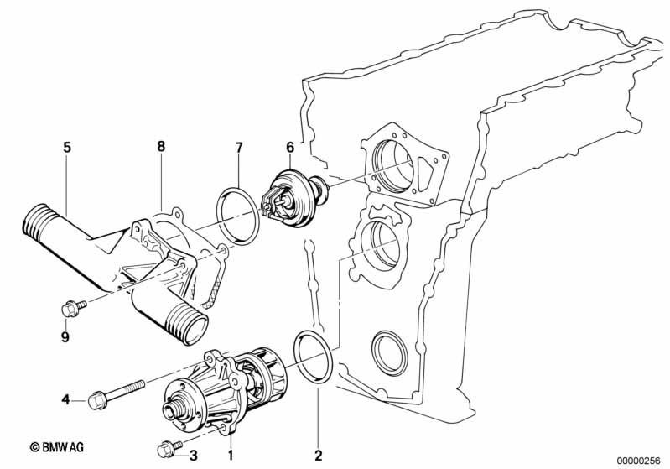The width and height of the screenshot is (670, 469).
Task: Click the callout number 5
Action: pos(67,148)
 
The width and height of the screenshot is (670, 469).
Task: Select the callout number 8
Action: pos(161,147)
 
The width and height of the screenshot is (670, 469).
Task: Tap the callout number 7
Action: pos(239,148)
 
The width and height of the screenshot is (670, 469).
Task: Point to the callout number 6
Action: pos(290,148)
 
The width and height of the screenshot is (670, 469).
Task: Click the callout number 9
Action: pos(65,337)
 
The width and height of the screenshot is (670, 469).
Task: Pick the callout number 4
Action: pos(65,399)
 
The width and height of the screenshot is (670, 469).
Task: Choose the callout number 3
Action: pos(194,456)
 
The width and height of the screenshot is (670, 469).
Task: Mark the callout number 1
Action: pos(231,456)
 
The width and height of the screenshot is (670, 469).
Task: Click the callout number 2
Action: pos(319,455)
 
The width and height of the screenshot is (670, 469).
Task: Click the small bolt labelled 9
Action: pos(74,308)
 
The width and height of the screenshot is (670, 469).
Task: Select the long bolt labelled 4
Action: pos(116,394)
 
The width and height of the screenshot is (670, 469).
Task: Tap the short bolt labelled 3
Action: pos(169,448)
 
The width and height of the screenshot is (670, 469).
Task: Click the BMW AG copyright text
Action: pos(57,447)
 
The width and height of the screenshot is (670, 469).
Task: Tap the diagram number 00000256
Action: pos(639,461)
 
